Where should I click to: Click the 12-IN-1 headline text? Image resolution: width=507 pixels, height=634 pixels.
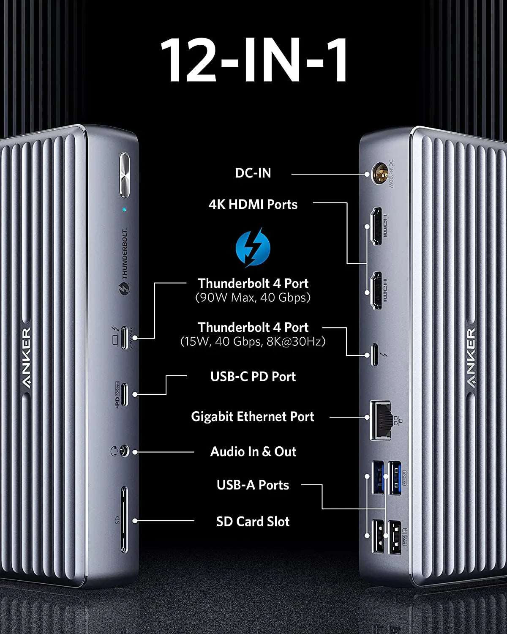tap(253, 60)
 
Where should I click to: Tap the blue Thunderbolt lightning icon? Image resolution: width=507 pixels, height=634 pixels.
tap(253, 248)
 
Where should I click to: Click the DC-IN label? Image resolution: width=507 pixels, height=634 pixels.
tap(253, 173)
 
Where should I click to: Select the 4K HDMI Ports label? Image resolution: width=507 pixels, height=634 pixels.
tap(253, 205)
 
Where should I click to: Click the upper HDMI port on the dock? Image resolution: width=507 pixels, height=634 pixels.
tap(376, 226)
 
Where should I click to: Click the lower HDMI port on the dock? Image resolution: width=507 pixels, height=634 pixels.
tap(376, 291)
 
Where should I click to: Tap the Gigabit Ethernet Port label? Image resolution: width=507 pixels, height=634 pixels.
tap(252, 417)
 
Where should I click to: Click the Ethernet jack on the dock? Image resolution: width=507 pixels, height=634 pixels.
tap(380, 420)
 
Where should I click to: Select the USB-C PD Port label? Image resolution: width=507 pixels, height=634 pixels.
tap(253, 377)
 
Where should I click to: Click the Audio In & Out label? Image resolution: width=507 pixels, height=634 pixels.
tap(253, 452)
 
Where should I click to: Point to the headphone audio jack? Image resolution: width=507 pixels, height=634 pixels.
tap(123, 452)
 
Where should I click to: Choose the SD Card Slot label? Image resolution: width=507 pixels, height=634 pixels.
tap(253, 522)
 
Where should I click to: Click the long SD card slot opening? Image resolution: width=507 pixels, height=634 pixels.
tap(124, 520)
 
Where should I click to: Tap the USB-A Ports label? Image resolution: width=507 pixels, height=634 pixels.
tap(253, 485)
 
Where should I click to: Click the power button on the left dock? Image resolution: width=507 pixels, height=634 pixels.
tap(125, 175)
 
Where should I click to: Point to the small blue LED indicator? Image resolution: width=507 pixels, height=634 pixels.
tap(124, 209)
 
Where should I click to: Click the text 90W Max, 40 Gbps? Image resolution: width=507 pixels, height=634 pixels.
tap(253, 298)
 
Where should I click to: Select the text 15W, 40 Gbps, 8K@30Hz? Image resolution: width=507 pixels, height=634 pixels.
tap(253, 342)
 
